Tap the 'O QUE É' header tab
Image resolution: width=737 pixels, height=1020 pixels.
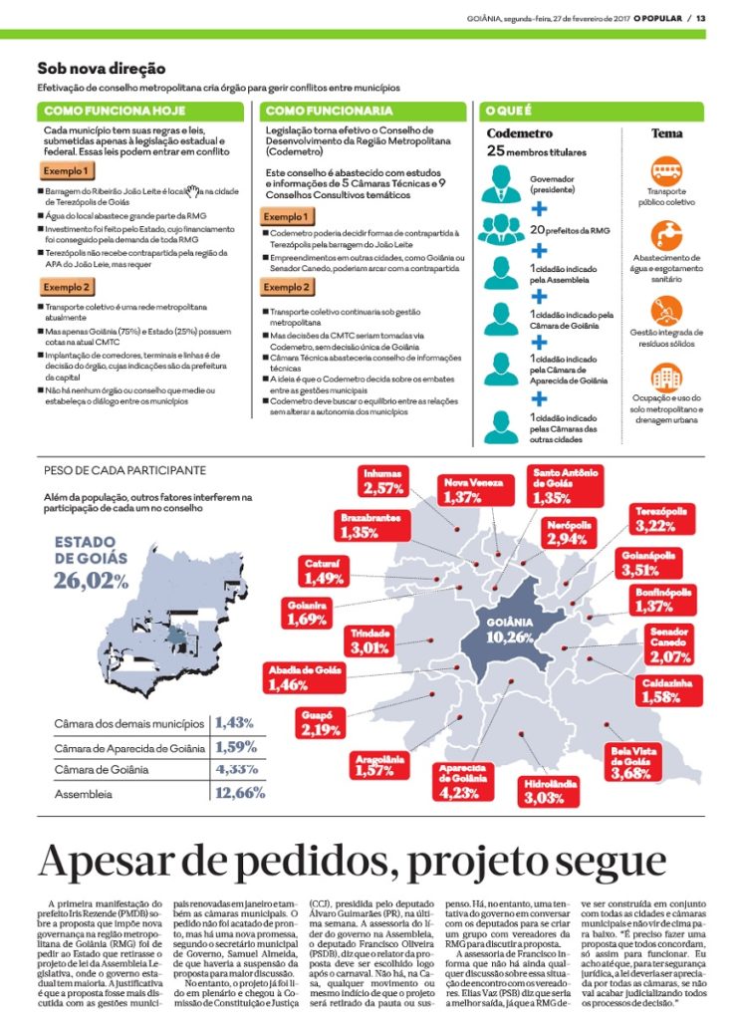(508, 111)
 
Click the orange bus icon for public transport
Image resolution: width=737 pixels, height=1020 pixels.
(666, 170)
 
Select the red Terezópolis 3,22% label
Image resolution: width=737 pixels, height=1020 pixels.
(661, 519)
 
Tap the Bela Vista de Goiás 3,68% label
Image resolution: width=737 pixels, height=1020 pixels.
(630, 762)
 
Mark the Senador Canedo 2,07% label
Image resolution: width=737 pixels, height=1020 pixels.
(668, 644)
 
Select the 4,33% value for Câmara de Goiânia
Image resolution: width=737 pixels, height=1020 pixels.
(235, 769)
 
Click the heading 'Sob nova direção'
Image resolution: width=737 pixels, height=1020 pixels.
(102, 69)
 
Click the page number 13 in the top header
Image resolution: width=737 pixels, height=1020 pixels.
(700, 18)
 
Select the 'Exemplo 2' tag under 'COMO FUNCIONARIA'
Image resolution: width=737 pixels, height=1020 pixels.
(286, 288)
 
